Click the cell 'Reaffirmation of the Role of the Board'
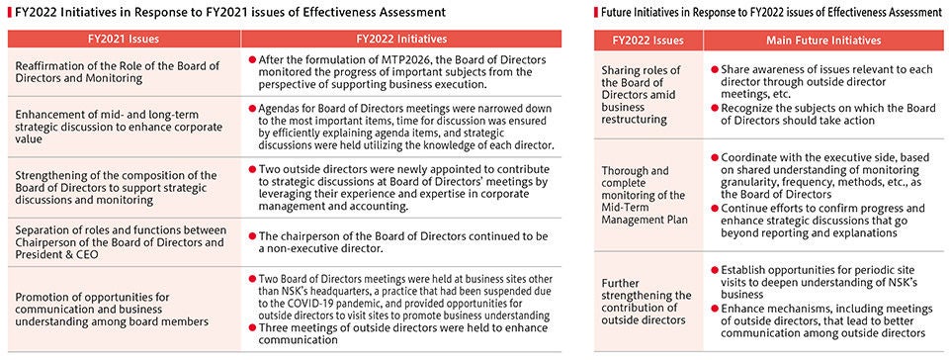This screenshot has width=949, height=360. coord(122,74)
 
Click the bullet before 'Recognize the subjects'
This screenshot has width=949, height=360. coord(715,107)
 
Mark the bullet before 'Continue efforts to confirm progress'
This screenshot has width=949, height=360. coord(715,209)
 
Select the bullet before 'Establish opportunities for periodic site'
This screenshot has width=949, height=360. coord(715,270)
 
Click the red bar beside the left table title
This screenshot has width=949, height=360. coord(4,11)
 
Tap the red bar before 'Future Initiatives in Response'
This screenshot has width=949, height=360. coord(596,11)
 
